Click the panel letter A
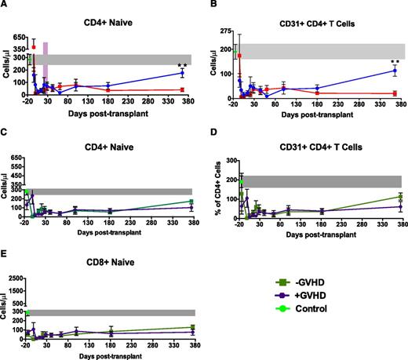click(x=4, y=5)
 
